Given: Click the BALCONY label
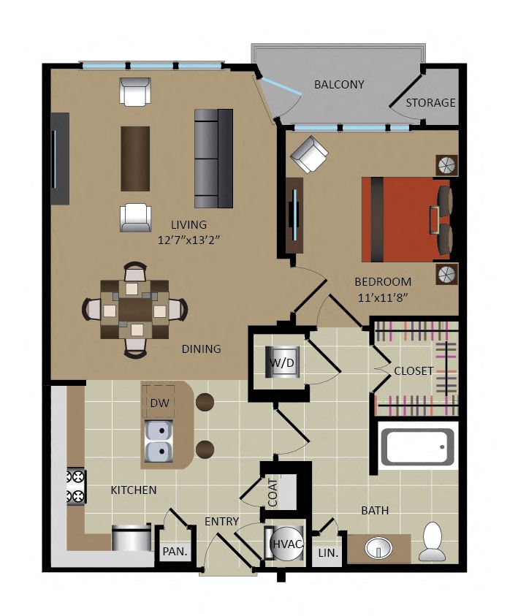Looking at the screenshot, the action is pos(338,85).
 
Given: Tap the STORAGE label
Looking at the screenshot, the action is pos(430,103).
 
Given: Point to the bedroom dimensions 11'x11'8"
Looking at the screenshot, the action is pos(383,298).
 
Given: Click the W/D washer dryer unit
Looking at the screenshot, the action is pos(283,362).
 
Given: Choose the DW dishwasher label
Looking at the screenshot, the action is pos(160,403).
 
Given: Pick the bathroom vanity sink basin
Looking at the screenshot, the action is pos(378,547).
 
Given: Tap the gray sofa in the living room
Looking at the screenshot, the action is pos(213,159).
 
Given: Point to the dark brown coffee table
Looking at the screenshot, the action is pos(135,159).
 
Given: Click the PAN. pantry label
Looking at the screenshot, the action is pos(175,552).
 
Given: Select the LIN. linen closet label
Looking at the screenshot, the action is pos(328,553).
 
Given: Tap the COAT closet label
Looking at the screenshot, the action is pos(273,493).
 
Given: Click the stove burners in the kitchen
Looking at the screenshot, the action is pos(75,487).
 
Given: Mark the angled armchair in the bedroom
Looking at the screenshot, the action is pos(309,154).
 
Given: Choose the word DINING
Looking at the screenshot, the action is pos(201,349).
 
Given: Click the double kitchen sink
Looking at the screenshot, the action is pos(159,441).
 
